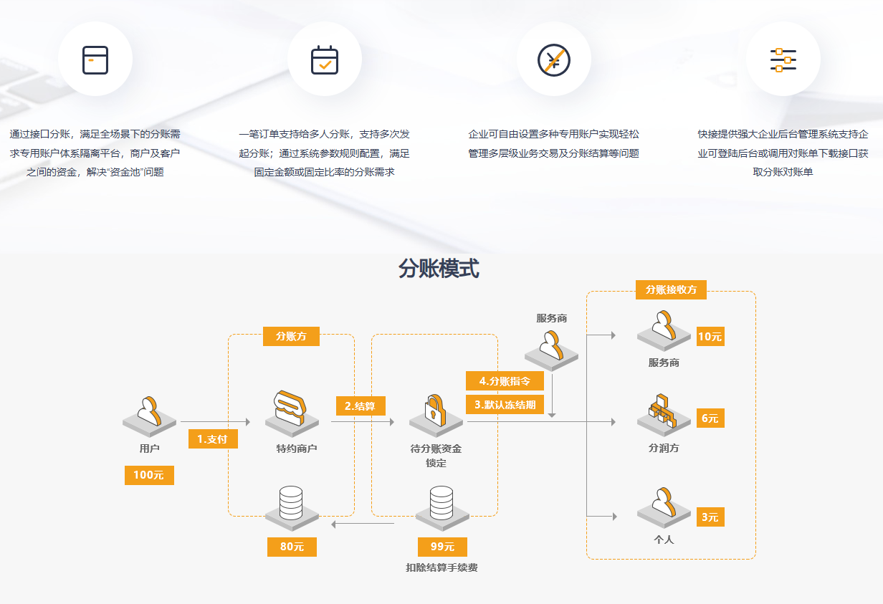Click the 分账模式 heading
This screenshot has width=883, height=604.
[439, 269]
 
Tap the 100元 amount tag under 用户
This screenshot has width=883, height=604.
[149, 475]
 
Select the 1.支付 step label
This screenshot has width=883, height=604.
[213, 439]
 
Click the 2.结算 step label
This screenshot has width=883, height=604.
[361, 406]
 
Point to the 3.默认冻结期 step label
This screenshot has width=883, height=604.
[505, 404]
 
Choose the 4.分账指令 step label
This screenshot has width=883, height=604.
[505, 380]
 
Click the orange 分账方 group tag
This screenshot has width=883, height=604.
[291, 336]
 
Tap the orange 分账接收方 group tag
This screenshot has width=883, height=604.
[671, 289]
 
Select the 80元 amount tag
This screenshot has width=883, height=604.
[292, 547]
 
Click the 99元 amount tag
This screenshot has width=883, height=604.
[442, 547]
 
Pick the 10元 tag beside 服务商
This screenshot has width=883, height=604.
[710, 337]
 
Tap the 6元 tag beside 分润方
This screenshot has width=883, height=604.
[710, 418]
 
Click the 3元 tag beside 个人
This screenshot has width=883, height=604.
[710, 517]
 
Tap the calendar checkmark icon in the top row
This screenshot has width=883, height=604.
[325, 60]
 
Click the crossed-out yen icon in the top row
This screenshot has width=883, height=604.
[553, 60]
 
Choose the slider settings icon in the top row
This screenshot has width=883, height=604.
[783, 60]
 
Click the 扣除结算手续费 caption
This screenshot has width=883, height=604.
[441, 568]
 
